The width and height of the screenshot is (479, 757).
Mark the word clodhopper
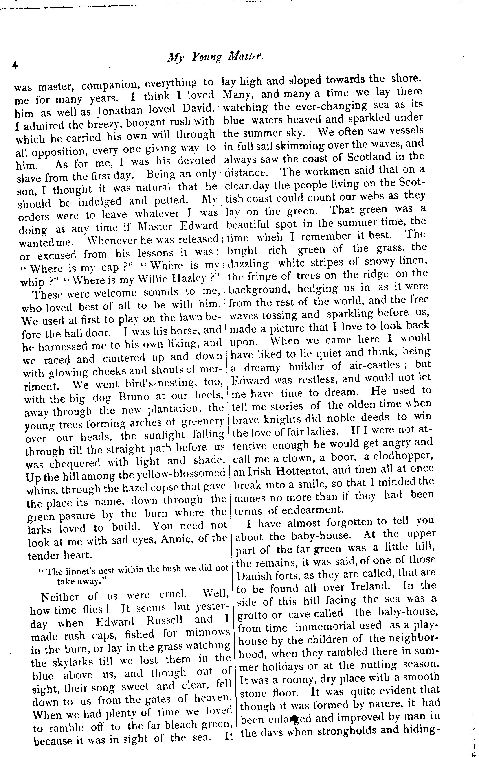point(399,456)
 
